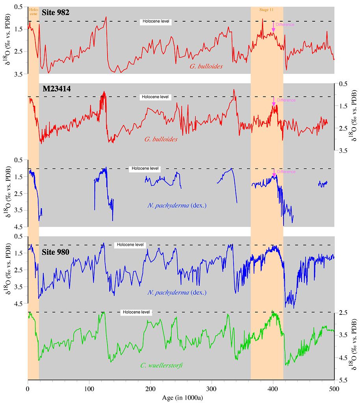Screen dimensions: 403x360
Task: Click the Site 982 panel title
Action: pyautogui.click(x=56, y=13)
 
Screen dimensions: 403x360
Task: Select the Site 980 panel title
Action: pyautogui.click(x=56, y=252)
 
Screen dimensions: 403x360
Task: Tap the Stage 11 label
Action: pyautogui.click(x=267, y=9)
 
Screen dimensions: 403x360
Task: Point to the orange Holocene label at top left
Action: pyautogui.click(x=33, y=11)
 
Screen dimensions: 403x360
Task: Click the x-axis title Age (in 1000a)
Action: pyautogui.click(x=183, y=398)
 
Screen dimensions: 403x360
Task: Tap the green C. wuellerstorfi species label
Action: pyautogui.click(x=161, y=366)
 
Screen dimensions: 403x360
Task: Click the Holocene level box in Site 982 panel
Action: pyautogui.click(x=156, y=22)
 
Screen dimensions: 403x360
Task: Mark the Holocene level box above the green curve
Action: pyautogui.click(x=136, y=312)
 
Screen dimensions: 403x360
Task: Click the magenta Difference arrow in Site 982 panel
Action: pyautogui.click(x=273, y=27)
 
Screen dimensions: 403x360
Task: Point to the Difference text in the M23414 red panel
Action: pyautogui.click(x=286, y=100)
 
